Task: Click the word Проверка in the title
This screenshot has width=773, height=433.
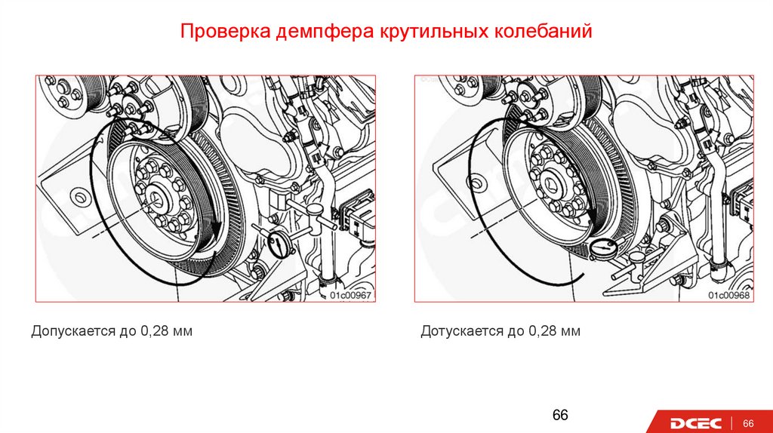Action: [225, 31]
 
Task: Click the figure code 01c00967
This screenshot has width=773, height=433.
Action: [350, 295]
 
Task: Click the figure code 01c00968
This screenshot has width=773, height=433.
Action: [728, 295]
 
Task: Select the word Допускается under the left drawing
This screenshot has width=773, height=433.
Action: [73, 331]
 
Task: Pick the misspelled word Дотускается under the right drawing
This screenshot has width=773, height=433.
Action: [462, 331]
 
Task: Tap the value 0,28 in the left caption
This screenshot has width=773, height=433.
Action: [154, 331]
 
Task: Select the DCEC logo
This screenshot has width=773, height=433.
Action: [695, 423]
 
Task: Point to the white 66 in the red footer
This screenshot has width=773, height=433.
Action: [748, 423]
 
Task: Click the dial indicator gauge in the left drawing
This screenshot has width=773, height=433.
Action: [279, 244]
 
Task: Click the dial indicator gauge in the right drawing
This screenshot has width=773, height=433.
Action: [605, 249]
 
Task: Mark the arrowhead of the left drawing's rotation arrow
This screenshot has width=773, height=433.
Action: [215, 229]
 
